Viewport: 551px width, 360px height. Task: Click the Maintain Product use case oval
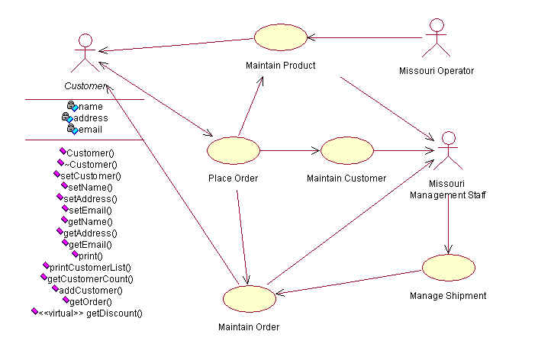click(x=280, y=37)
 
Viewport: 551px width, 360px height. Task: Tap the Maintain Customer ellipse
click(x=346, y=150)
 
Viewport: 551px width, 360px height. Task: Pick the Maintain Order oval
click(x=248, y=299)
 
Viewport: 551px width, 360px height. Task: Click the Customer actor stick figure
click(x=85, y=52)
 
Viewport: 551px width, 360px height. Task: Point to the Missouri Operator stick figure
click(x=437, y=37)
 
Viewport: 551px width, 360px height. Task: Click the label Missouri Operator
click(x=437, y=71)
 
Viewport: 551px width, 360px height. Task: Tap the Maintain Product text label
click(x=280, y=65)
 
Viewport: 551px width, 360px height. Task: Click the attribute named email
click(x=90, y=130)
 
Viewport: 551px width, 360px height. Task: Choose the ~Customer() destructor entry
click(x=91, y=164)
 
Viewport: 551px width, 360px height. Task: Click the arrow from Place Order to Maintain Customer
click(x=291, y=150)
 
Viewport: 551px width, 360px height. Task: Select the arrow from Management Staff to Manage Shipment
click(x=448, y=225)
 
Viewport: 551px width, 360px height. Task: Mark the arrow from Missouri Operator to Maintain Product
click(x=365, y=37)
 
